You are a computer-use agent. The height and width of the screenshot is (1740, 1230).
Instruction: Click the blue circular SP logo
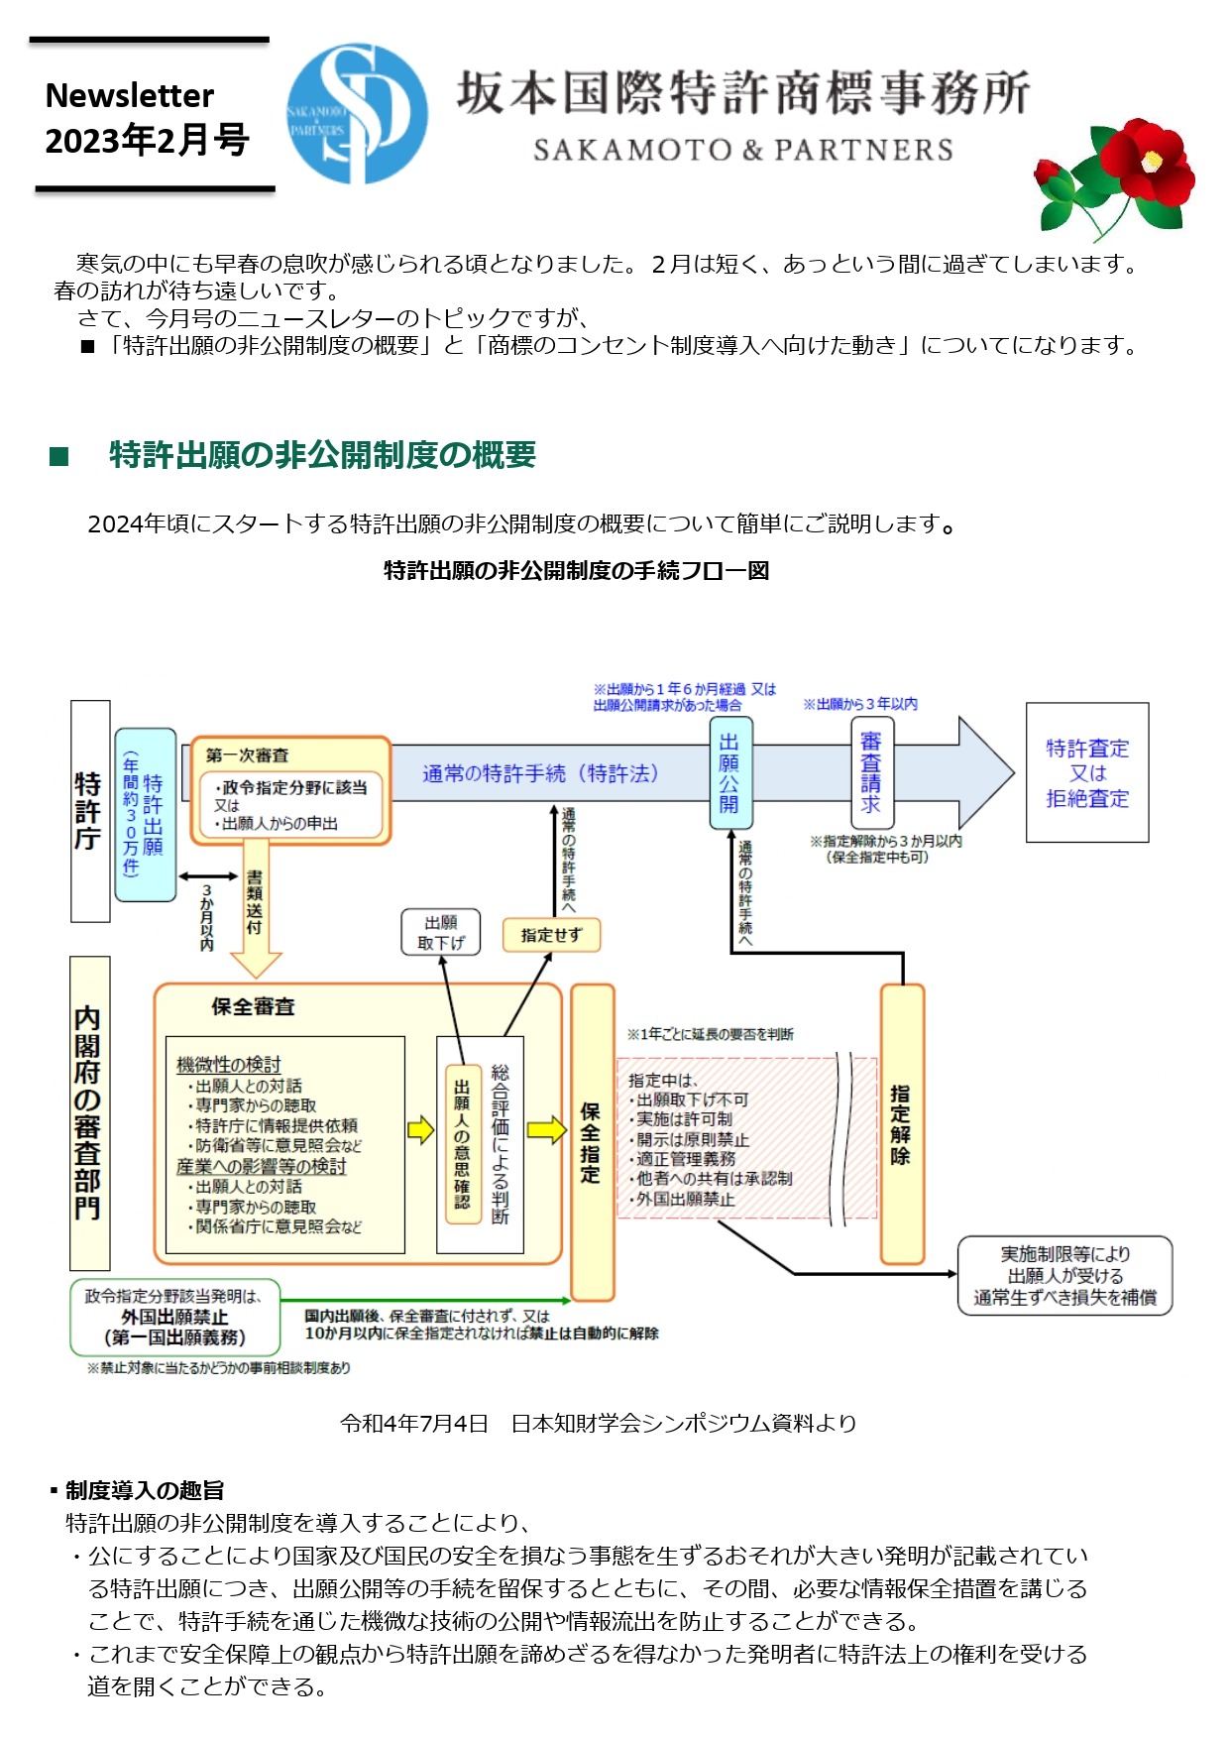coord(357,113)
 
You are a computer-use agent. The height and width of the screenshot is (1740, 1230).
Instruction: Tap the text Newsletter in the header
coord(130,95)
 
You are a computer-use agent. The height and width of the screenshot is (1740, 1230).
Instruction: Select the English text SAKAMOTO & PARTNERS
coord(742,150)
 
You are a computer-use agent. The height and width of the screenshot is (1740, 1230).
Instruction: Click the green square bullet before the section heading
coord(59,456)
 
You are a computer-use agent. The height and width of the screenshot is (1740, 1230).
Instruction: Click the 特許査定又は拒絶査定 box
coord(1086,772)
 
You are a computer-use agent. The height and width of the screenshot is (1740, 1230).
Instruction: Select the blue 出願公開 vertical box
coord(729,772)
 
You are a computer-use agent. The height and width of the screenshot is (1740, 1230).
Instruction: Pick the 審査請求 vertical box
coord(871,772)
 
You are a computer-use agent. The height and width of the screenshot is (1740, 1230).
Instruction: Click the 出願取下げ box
coord(441,932)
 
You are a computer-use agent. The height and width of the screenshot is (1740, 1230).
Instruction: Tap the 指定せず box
coord(551,934)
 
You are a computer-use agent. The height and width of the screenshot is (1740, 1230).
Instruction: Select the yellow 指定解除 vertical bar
coord(901,1123)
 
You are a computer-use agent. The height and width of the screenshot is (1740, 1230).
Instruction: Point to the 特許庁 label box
coord(89,811)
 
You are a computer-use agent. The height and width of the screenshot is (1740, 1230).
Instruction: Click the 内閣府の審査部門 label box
coord(89,1112)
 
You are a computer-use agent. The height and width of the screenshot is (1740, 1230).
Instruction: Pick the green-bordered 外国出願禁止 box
coord(174,1317)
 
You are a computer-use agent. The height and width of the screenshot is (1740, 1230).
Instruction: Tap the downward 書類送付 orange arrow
coord(256,907)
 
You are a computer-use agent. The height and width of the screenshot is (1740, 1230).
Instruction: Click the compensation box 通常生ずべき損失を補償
coord(1064,1275)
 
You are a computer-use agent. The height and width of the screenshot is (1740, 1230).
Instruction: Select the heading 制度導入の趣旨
coord(144,1490)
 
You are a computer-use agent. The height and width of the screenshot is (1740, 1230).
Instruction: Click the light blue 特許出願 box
coord(145,815)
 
